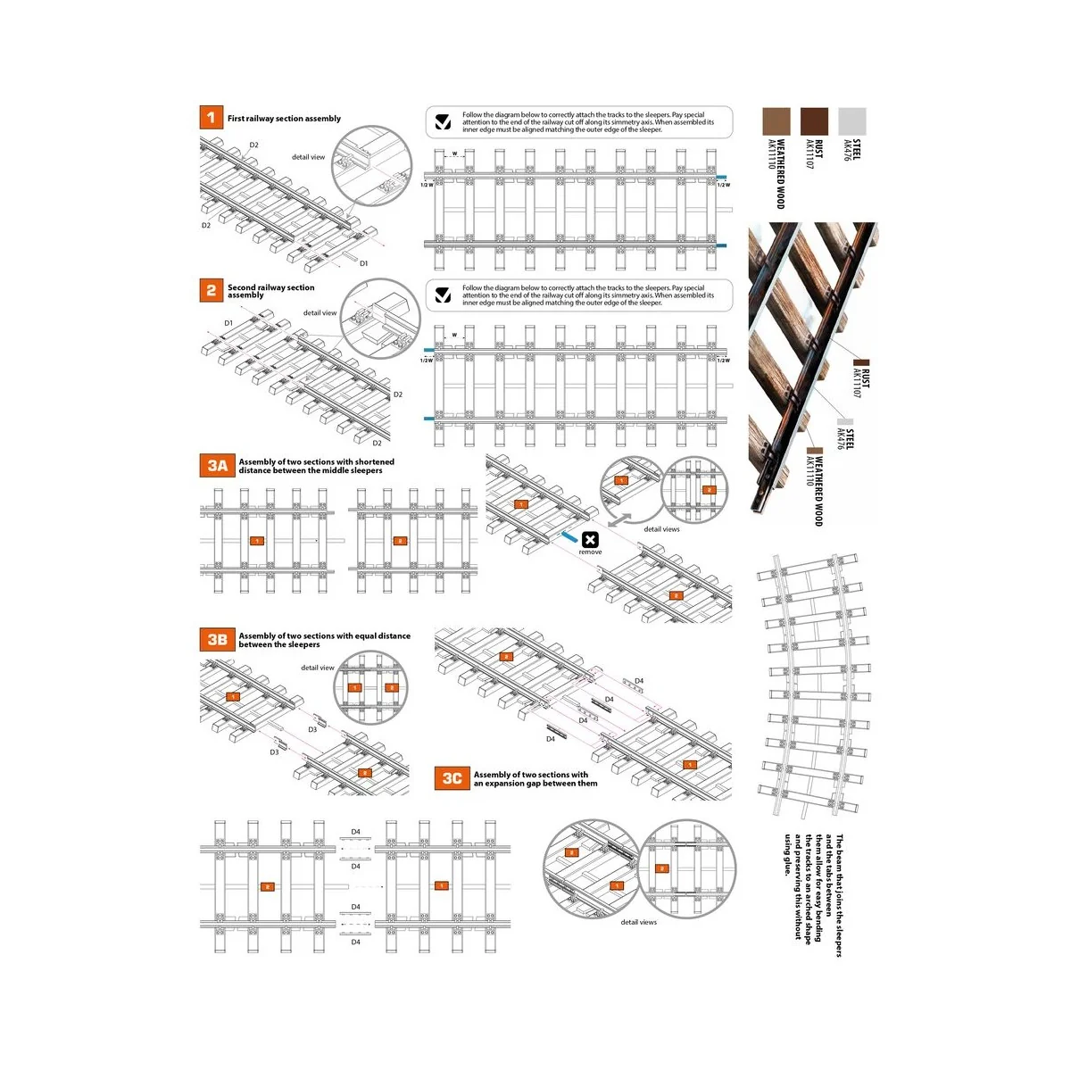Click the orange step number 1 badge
click(211, 117)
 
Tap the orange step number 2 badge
click(211, 290)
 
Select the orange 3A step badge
click(217, 465)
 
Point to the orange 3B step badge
click(217, 639)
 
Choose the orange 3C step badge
click(452, 778)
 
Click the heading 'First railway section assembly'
click(284, 119)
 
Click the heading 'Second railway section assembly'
click(270, 291)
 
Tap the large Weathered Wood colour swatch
click(776, 121)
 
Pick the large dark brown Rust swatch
click(814, 121)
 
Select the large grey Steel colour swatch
click(852, 121)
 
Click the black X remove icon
click(590, 540)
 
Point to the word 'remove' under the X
click(590, 552)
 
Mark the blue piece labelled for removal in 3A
click(569, 538)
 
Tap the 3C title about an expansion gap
click(535, 779)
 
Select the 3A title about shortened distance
click(316, 466)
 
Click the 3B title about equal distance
click(324, 640)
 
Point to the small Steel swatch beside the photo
click(845, 422)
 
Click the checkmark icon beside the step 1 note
click(443, 122)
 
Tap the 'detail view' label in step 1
click(308, 157)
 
